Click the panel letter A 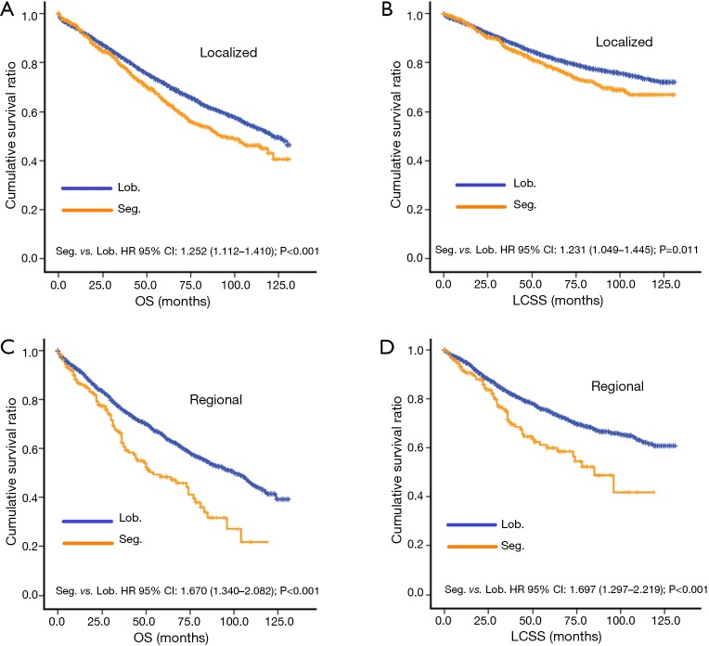pyautogui.click(x=7, y=8)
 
